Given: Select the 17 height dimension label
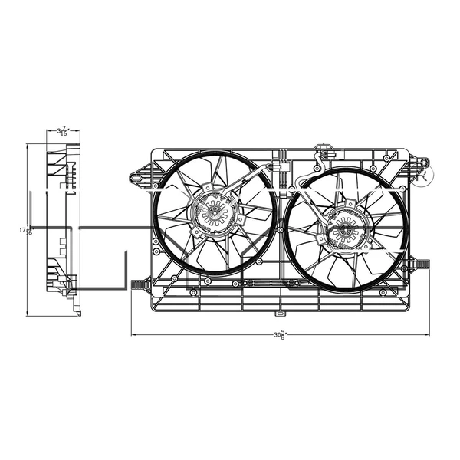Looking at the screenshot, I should [x=28, y=229].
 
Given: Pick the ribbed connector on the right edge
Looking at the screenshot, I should [x=421, y=264].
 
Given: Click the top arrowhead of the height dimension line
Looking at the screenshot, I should [x=28, y=146].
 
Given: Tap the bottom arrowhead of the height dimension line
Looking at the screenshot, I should [x=28, y=314].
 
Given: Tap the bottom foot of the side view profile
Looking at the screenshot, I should [x=77, y=310].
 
